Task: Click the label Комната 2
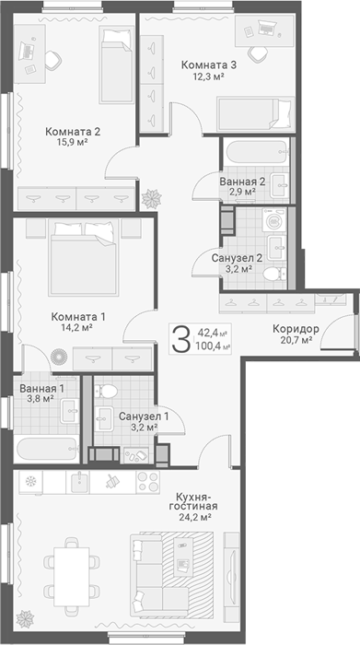click(73, 132)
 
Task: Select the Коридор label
click(296, 329)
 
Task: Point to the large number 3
click(180, 338)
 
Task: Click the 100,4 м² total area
click(214, 346)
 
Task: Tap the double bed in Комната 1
click(83, 258)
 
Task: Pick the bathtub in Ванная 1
click(46, 450)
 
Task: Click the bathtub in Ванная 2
click(255, 152)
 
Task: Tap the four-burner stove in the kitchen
click(148, 481)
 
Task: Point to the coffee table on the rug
click(183, 558)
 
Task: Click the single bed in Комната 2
click(117, 64)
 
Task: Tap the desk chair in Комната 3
click(259, 53)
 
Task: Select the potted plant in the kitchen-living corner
click(26, 618)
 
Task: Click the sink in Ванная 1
click(70, 411)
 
